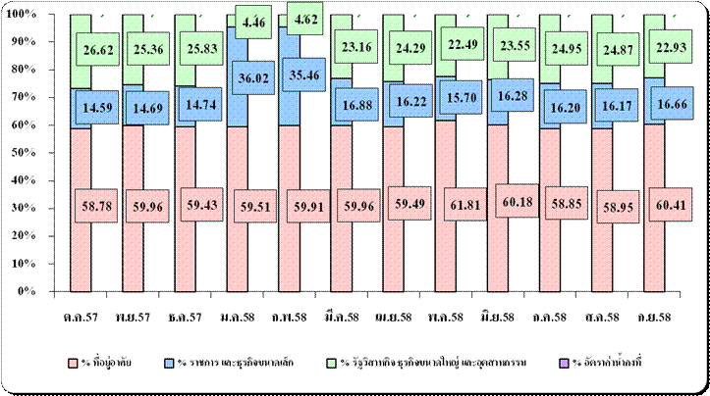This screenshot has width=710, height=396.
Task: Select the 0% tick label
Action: tap(24, 291)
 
